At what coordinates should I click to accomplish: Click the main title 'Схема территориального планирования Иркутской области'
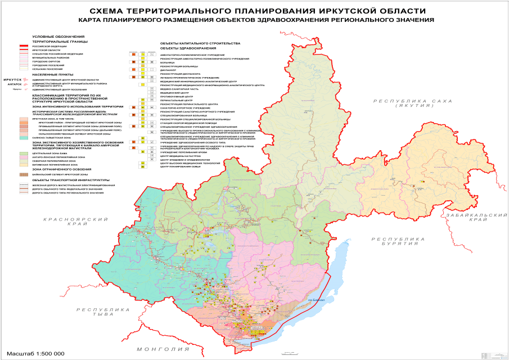point(256,11)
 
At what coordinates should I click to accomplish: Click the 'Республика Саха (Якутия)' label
point(409,102)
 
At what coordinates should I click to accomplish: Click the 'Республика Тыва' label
point(103,312)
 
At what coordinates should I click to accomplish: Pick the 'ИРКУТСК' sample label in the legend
point(12,80)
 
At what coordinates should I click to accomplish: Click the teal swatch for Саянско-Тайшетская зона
point(23,137)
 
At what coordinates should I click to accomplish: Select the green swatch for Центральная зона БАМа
point(23,152)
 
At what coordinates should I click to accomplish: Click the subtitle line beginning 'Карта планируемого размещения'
point(256,20)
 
